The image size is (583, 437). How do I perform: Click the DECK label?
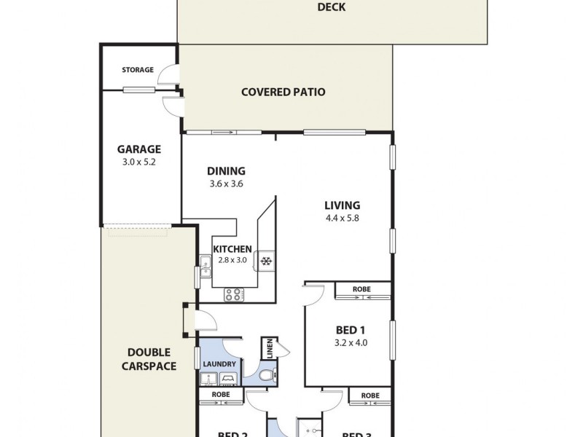click(x=331, y=8)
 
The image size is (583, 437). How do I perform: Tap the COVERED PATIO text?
click(x=283, y=92)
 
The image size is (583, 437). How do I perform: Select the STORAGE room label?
click(x=137, y=70)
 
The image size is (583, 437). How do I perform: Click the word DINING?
click(x=226, y=171)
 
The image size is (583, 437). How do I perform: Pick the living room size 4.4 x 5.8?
click(x=342, y=218)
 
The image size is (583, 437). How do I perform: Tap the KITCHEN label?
click(x=232, y=249)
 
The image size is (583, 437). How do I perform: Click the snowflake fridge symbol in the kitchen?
click(x=267, y=260)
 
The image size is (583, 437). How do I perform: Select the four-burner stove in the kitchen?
click(x=233, y=295)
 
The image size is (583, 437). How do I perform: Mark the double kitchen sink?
click(x=206, y=267)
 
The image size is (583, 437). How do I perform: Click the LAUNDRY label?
click(x=219, y=364)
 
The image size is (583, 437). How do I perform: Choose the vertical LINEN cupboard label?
click(x=269, y=347)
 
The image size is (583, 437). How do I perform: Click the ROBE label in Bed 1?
click(x=361, y=289)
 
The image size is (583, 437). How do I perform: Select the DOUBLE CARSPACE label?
click(x=147, y=359)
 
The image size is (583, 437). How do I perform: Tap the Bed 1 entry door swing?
click(x=313, y=293)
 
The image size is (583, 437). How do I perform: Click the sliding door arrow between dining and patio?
click(x=226, y=133)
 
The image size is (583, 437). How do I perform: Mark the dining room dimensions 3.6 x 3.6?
click(x=226, y=184)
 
